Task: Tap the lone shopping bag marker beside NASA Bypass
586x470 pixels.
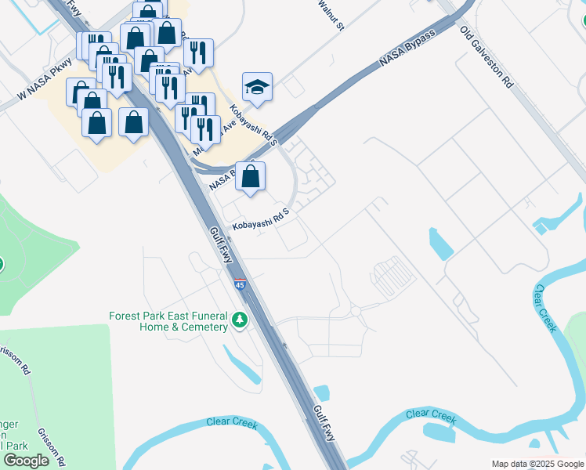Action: coord(250,176)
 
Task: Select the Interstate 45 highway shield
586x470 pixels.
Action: coord(241,284)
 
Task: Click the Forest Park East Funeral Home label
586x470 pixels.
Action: coord(168,321)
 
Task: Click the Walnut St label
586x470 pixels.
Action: coord(331,15)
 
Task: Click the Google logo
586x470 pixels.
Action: coord(26,461)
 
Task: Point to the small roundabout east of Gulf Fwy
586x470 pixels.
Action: coord(355,312)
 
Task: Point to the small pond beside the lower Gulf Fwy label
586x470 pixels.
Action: coord(321,392)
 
